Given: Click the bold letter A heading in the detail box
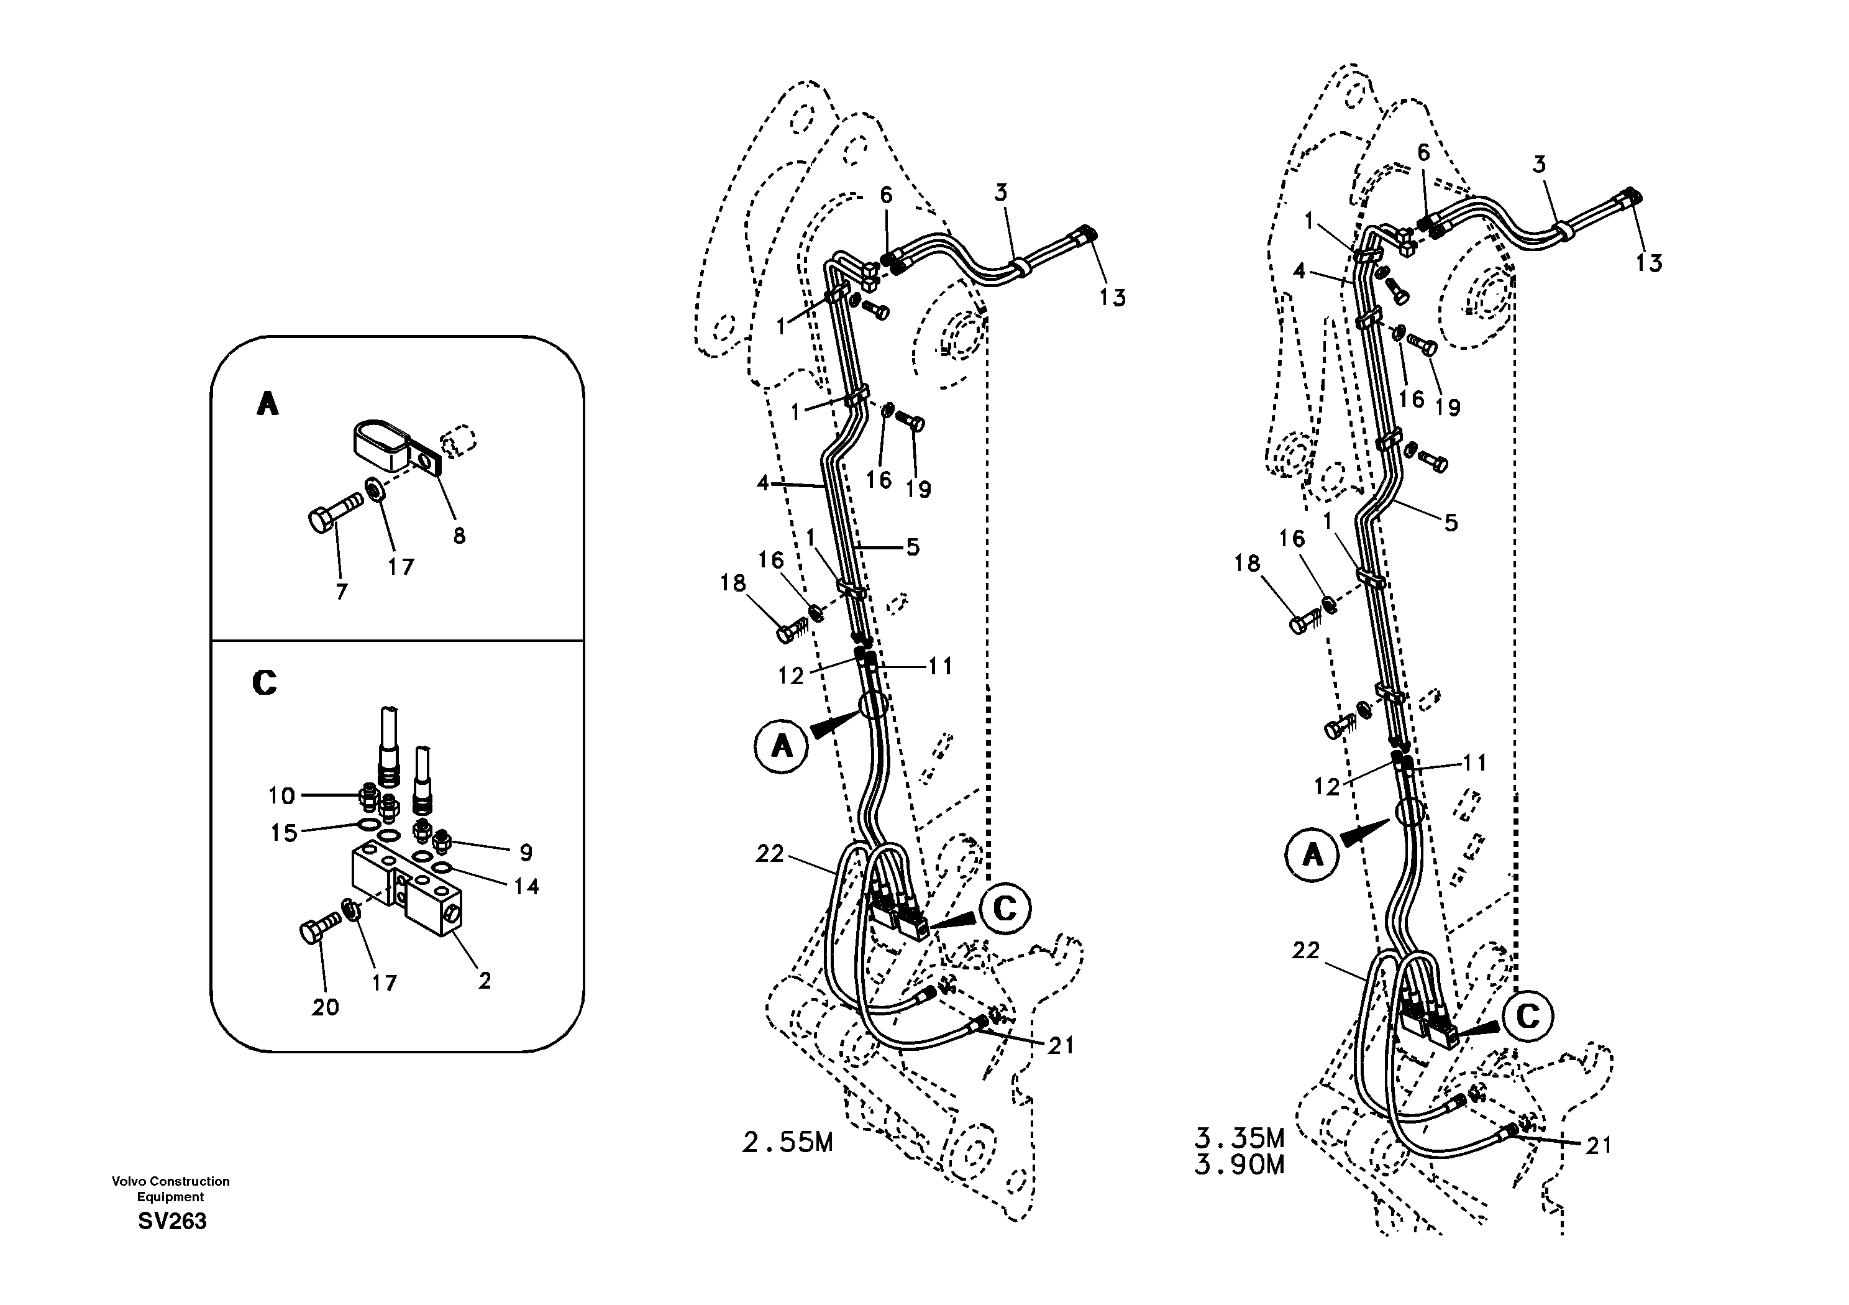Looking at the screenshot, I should point(267,403).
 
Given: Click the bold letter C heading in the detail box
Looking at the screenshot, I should point(264,683).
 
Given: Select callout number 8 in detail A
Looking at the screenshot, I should point(459,536).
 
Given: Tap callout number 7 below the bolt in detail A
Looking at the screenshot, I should point(342,592).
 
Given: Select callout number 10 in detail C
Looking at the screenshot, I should point(282,796).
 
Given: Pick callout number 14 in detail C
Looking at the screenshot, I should point(527,887).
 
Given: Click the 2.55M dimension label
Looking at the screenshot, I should point(787,1143).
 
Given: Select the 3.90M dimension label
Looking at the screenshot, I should point(1240,1165).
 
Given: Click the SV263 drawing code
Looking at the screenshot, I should point(172,1221).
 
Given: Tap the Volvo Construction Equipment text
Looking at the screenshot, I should point(171,1189).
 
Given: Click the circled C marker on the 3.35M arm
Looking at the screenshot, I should point(1528,1017).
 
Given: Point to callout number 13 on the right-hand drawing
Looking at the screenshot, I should point(1648,263).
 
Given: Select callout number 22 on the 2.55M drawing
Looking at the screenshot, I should point(769,854).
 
